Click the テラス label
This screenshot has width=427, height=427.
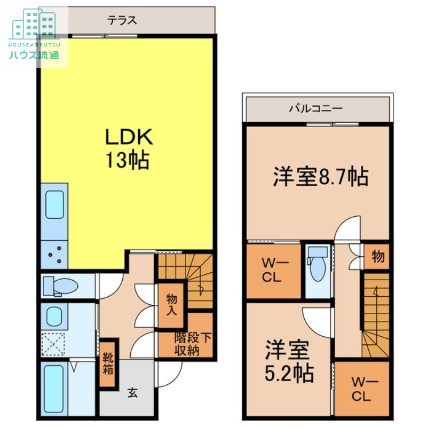pyautogui.click(x=122, y=21)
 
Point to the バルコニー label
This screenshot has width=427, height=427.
pyautogui.click(x=316, y=108)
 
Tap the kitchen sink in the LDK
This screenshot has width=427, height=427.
pyautogui.click(x=54, y=205)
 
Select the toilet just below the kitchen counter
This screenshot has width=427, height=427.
pyautogui.click(x=60, y=286)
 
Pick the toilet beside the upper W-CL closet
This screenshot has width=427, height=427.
pyautogui.click(x=317, y=265)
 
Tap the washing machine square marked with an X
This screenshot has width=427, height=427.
pyautogui.click(x=53, y=343)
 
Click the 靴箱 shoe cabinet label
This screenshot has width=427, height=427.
pyautogui.click(x=107, y=363)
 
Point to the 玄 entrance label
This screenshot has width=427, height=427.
pyautogui.click(x=132, y=394)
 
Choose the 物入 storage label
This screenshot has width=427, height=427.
pyautogui.click(x=171, y=305)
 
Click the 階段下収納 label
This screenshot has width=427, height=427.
pyautogui.click(x=186, y=344)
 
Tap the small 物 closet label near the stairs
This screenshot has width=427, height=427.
pyautogui.click(x=378, y=257)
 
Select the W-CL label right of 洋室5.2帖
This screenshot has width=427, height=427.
pyautogui.click(x=361, y=389)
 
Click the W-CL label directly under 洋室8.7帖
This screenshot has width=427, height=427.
pyautogui.click(x=273, y=271)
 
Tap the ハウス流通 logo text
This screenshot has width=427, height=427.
pyautogui.click(x=34, y=55)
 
